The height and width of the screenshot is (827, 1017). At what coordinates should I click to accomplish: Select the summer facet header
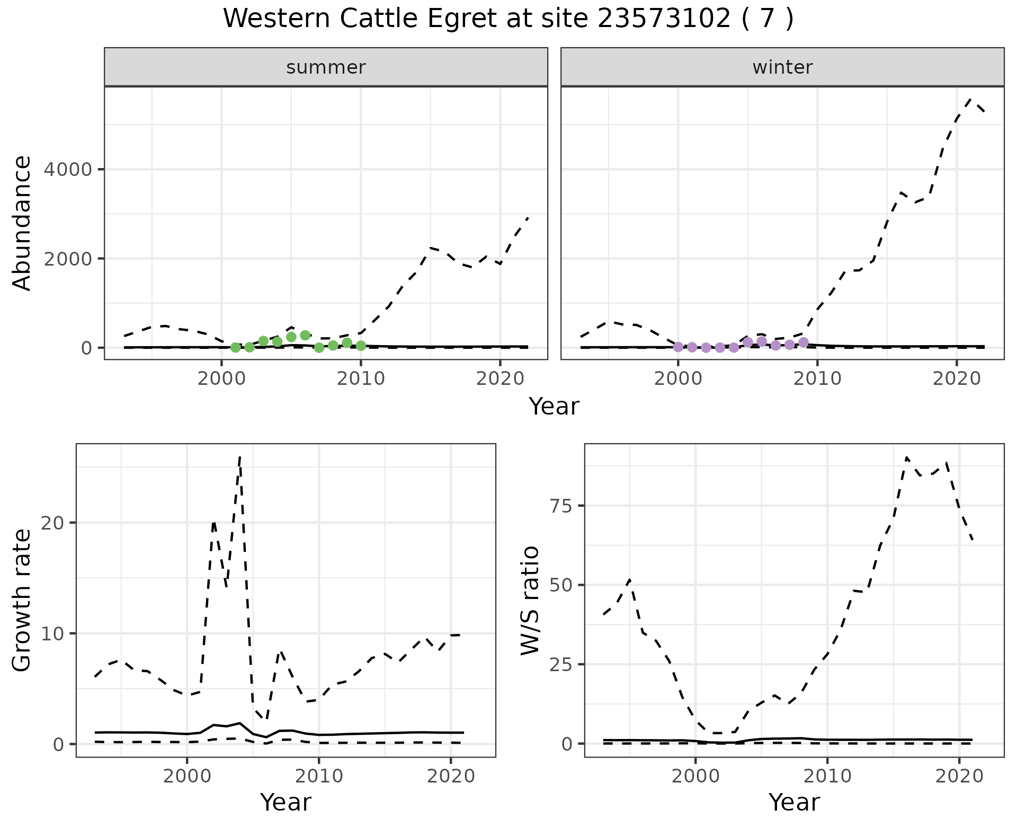[326, 67]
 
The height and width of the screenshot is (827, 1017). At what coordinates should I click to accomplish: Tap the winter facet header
[782, 67]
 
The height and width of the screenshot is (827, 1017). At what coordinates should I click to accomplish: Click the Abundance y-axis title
[22, 223]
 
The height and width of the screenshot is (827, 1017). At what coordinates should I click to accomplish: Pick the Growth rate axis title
[22, 600]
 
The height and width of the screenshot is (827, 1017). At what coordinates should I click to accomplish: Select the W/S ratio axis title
[530, 600]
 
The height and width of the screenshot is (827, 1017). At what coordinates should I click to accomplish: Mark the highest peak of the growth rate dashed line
[240, 457]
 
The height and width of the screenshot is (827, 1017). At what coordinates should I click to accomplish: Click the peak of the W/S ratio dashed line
[907, 457]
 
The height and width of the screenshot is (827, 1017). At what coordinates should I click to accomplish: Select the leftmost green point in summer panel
[236, 347]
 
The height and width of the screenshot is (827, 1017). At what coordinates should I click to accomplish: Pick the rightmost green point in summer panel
[361, 346]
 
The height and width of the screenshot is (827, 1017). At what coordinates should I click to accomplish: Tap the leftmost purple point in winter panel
[678, 347]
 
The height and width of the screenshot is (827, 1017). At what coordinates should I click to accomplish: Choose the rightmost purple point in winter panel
[804, 342]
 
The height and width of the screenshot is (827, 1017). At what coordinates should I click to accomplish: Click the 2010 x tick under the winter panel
[817, 379]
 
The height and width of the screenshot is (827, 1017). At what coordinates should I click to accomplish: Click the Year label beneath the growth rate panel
[286, 802]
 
